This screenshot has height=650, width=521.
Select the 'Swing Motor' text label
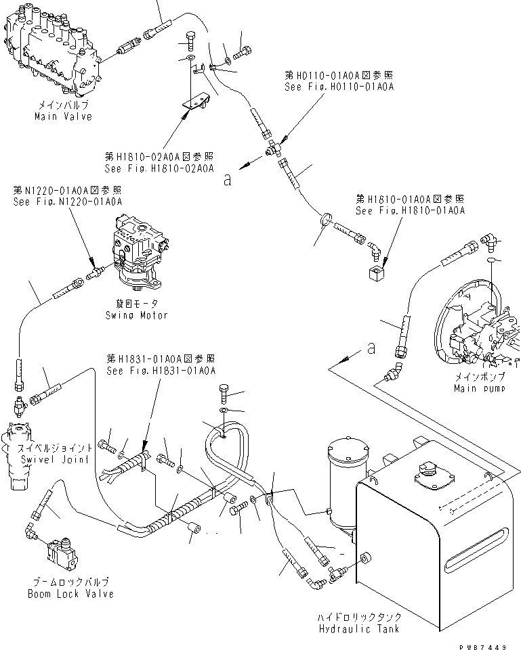(x=136, y=315)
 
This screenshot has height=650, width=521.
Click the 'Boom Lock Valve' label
(x=70, y=594)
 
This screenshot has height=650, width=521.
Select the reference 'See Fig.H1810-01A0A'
(x=410, y=211)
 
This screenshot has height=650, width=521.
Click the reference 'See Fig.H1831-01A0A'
(x=161, y=371)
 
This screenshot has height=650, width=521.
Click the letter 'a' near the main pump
(x=371, y=348)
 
